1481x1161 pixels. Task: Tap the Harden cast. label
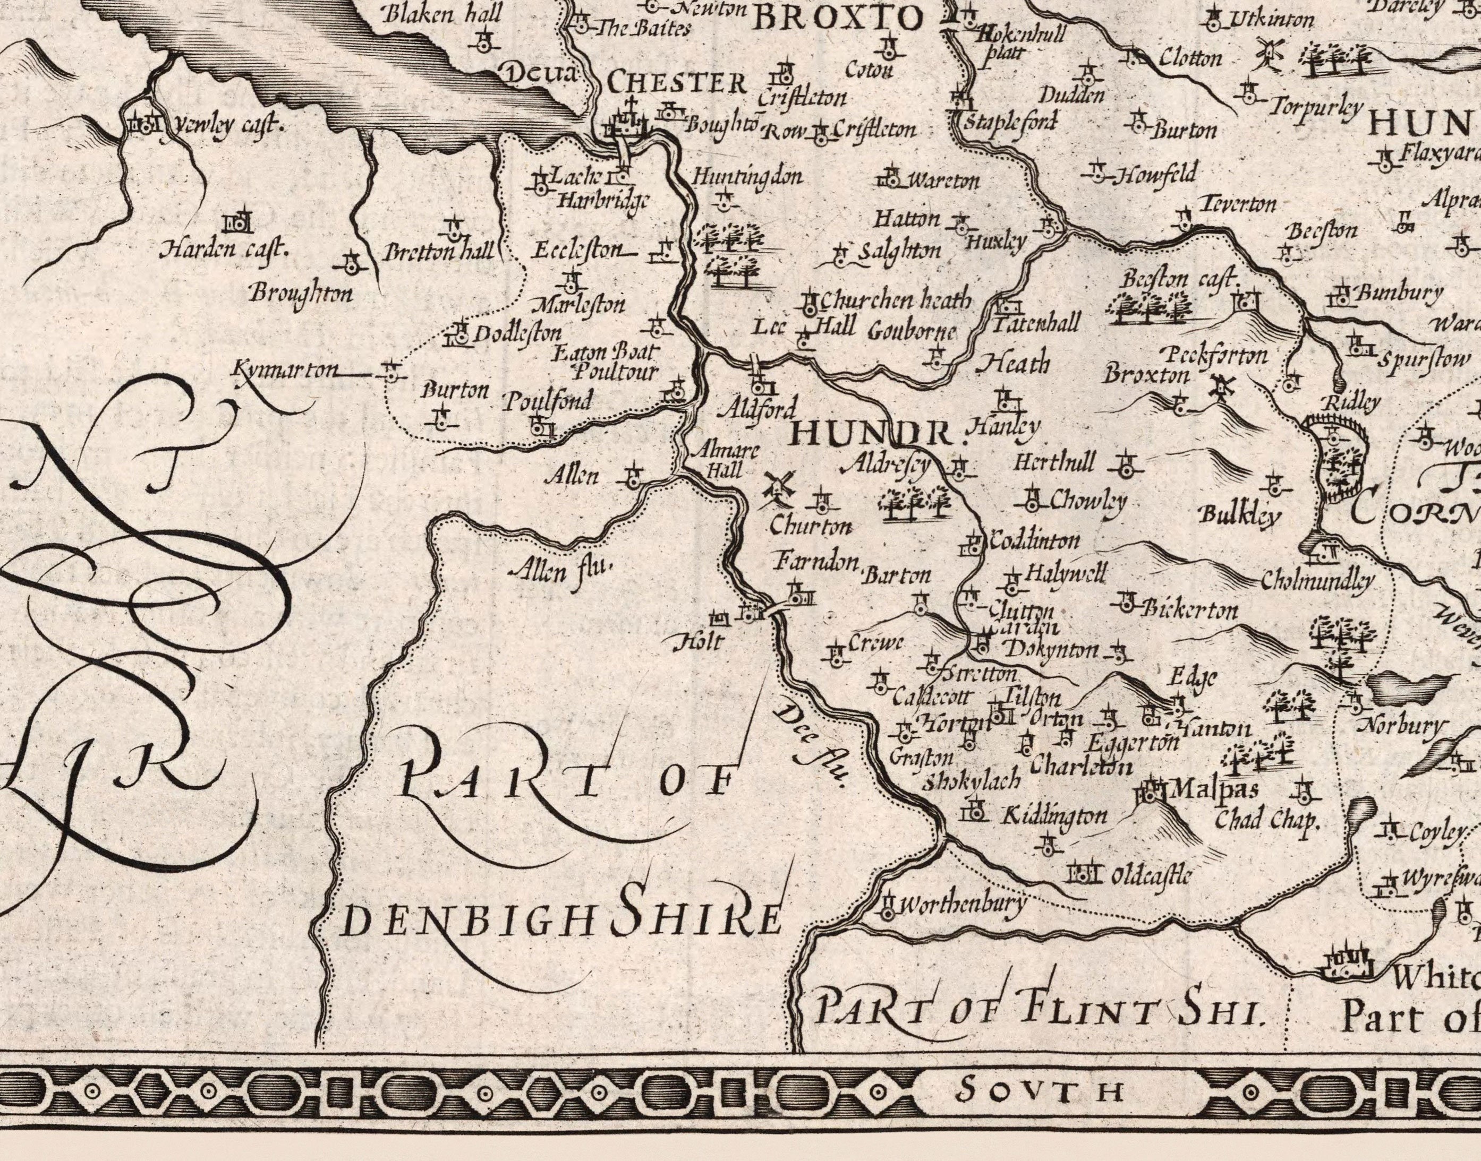pos(224,250)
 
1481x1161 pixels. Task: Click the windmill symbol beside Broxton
pos(1221,388)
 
